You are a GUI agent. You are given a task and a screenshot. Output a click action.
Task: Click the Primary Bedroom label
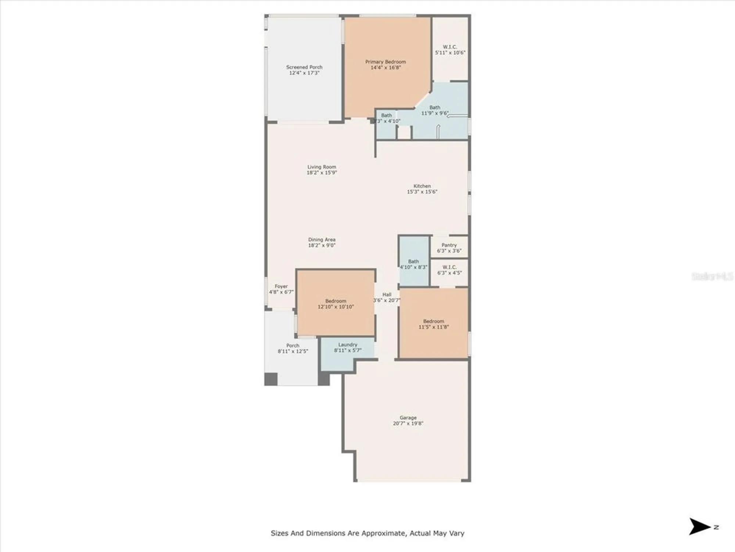click(386, 62)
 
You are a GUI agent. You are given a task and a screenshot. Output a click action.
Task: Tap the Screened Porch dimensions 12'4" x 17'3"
click(304, 73)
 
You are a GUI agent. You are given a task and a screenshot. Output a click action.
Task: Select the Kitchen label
click(422, 186)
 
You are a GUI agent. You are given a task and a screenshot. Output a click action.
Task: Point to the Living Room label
click(322, 167)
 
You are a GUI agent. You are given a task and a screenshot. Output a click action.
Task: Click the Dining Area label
click(322, 240)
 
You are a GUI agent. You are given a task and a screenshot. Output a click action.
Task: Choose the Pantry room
click(449, 247)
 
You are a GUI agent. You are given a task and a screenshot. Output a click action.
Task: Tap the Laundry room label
click(348, 344)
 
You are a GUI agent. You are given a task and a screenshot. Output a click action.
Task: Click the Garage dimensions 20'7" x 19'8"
click(408, 424)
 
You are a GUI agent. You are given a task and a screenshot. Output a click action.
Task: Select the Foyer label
click(281, 286)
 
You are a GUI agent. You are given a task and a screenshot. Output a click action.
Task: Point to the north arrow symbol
click(699, 527)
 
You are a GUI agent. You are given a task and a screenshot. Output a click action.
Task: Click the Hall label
click(387, 294)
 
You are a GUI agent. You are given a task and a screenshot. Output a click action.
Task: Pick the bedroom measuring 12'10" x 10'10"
click(336, 304)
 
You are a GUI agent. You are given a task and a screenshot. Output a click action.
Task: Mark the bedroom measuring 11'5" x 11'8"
click(433, 324)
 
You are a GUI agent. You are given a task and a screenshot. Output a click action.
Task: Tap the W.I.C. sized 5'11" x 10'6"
click(450, 50)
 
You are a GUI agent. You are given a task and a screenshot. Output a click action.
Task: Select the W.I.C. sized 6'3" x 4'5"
click(449, 270)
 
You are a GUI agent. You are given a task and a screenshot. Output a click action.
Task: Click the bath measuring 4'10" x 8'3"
click(413, 264)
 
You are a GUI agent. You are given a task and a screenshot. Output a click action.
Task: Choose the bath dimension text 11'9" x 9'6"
click(435, 113)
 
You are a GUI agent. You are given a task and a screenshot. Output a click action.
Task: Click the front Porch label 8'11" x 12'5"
click(293, 348)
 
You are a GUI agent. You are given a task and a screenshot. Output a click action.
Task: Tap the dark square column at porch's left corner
click(271, 379)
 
